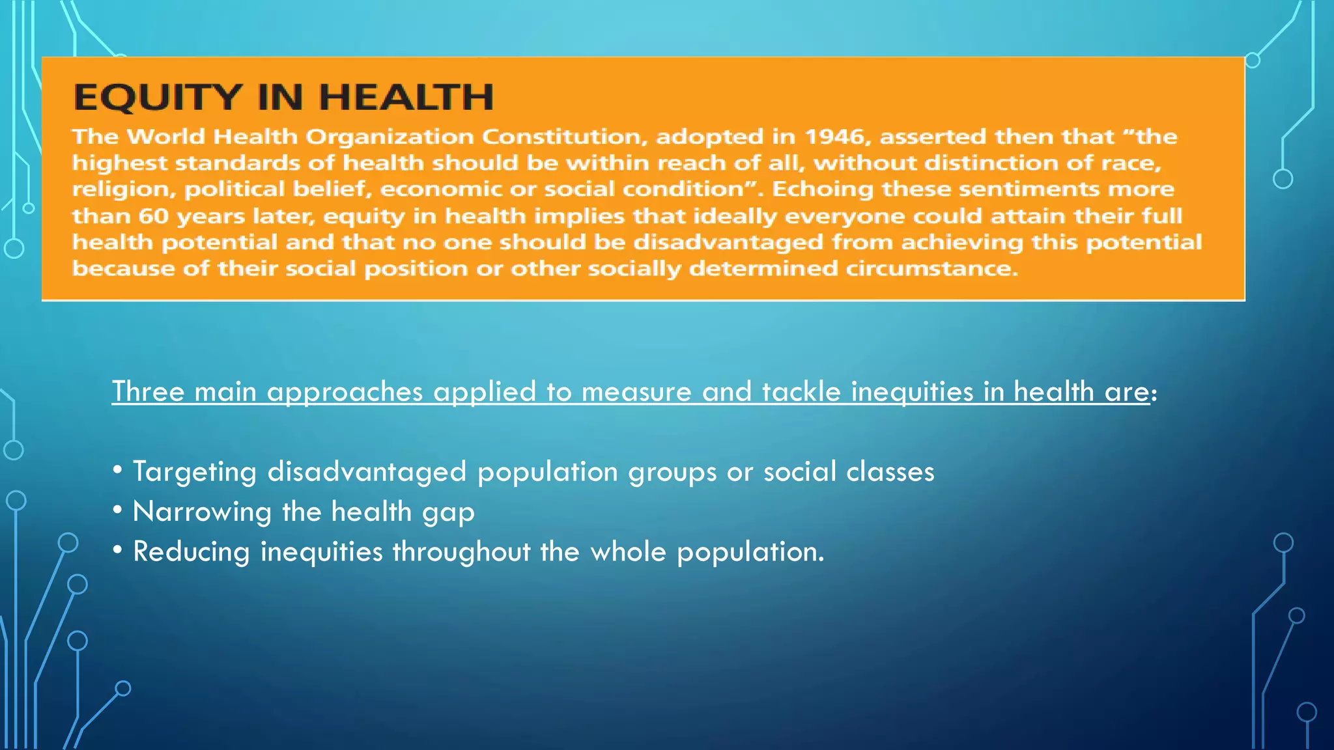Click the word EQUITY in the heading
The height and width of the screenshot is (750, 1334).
click(x=158, y=98)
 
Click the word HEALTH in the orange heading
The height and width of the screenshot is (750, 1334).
click(x=406, y=98)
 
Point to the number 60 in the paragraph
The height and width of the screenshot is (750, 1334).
click(x=154, y=216)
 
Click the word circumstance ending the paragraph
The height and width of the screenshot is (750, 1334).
click(x=931, y=269)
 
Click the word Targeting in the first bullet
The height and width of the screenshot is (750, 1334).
click(x=195, y=472)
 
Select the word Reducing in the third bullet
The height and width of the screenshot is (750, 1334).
click(x=192, y=552)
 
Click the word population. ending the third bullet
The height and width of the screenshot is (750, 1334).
click(x=750, y=552)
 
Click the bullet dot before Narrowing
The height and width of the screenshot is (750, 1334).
click(x=117, y=511)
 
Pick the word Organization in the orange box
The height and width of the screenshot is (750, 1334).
click(x=390, y=137)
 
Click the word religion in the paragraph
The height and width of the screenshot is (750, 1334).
click(x=123, y=189)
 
